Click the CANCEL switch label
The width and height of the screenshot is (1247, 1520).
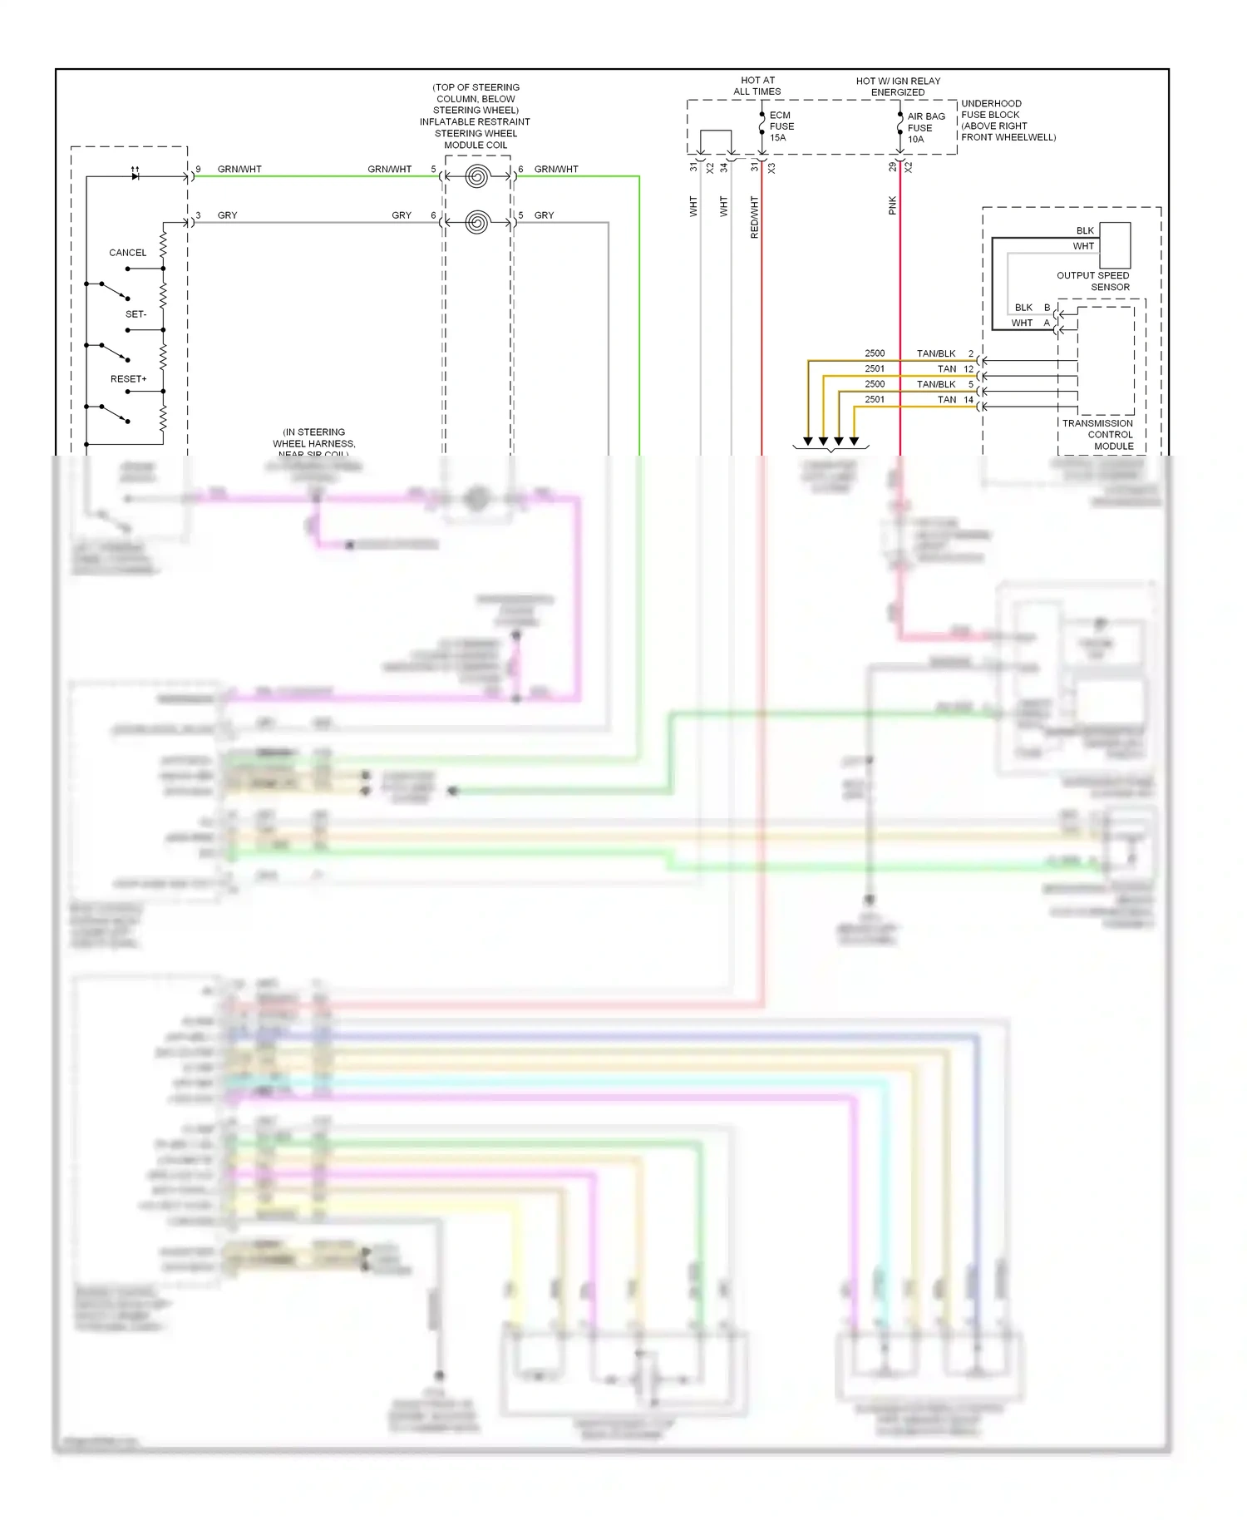127,253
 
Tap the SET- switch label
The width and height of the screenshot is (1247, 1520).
136,314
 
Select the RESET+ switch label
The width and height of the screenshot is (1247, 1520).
128,379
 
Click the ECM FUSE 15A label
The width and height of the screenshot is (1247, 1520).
781,126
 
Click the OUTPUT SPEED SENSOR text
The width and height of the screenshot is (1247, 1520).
1092,281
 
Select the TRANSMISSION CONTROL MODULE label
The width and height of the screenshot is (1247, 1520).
1097,435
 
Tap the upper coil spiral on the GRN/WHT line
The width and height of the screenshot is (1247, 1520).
477,176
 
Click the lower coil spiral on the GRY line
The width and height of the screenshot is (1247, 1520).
477,222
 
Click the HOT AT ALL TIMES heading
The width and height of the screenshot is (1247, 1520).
757,86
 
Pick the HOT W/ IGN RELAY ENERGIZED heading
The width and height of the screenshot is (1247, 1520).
898,86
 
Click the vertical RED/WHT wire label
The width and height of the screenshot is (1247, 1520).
755,218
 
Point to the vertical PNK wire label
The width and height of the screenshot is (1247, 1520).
892,205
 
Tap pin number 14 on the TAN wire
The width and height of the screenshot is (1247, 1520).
968,400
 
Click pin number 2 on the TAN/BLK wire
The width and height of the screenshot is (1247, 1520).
970,354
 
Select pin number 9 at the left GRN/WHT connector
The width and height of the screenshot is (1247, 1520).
198,169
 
